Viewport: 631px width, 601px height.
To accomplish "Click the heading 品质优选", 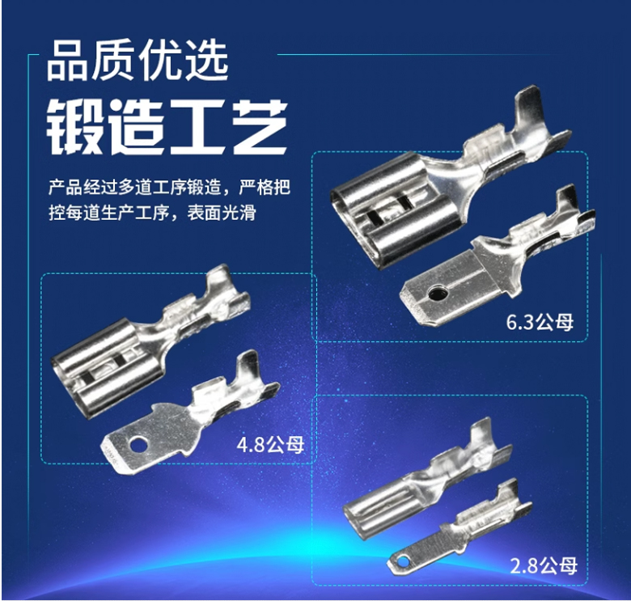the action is (x=138, y=61).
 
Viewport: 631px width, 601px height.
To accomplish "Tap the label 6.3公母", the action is (x=540, y=323).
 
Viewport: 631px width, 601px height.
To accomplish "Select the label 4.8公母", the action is (x=270, y=446).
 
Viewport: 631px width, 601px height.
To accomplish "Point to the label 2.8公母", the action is (x=544, y=565).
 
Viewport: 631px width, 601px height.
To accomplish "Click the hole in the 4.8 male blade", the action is (x=138, y=445).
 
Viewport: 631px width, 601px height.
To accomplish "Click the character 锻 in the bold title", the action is (x=74, y=127).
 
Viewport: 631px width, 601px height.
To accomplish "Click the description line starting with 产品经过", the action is (x=169, y=188).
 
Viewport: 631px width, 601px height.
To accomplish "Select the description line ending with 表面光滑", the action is (x=152, y=213).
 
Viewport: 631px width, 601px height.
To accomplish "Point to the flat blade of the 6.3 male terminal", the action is (x=443, y=289).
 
